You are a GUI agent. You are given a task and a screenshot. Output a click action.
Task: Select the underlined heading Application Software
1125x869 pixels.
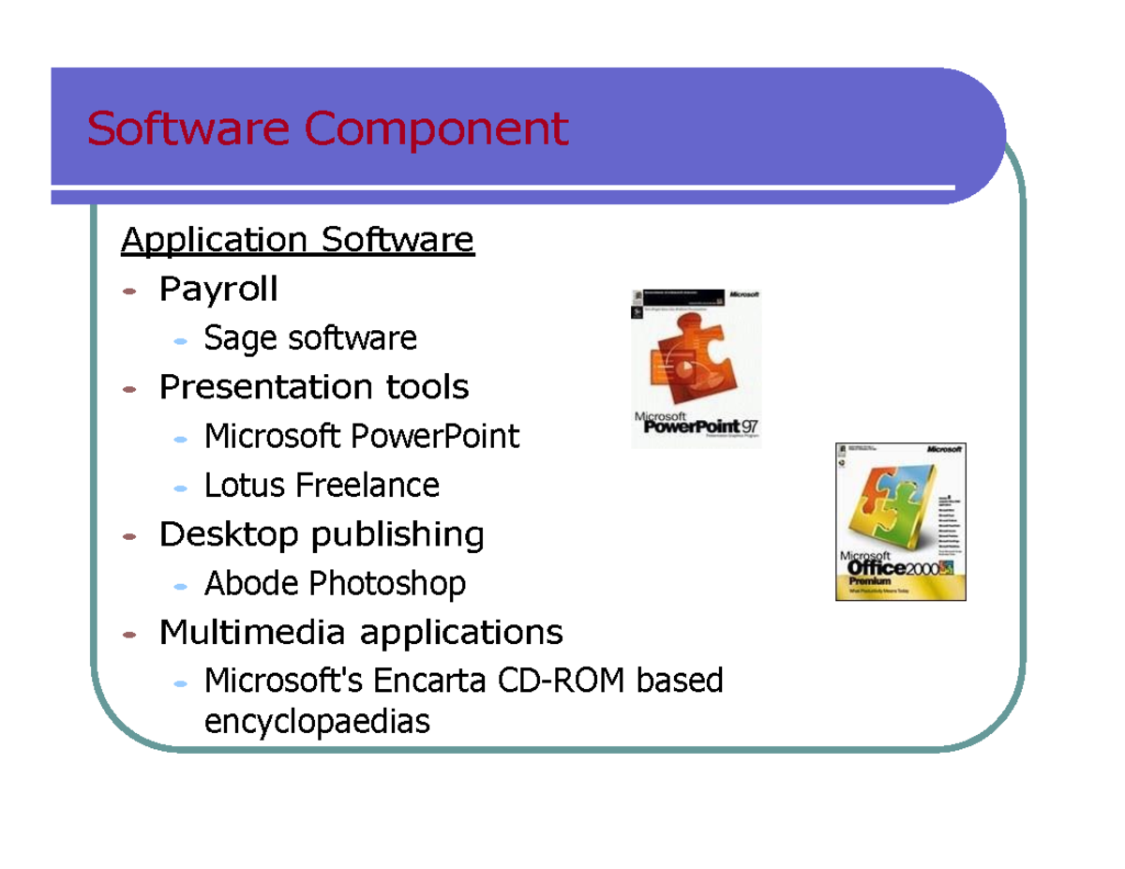(x=297, y=241)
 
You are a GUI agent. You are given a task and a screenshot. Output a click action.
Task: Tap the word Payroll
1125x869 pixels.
(x=218, y=289)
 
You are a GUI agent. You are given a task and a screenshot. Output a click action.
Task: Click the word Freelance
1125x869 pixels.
(x=367, y=486)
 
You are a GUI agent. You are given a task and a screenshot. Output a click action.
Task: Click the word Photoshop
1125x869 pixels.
(x=387, y=584)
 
